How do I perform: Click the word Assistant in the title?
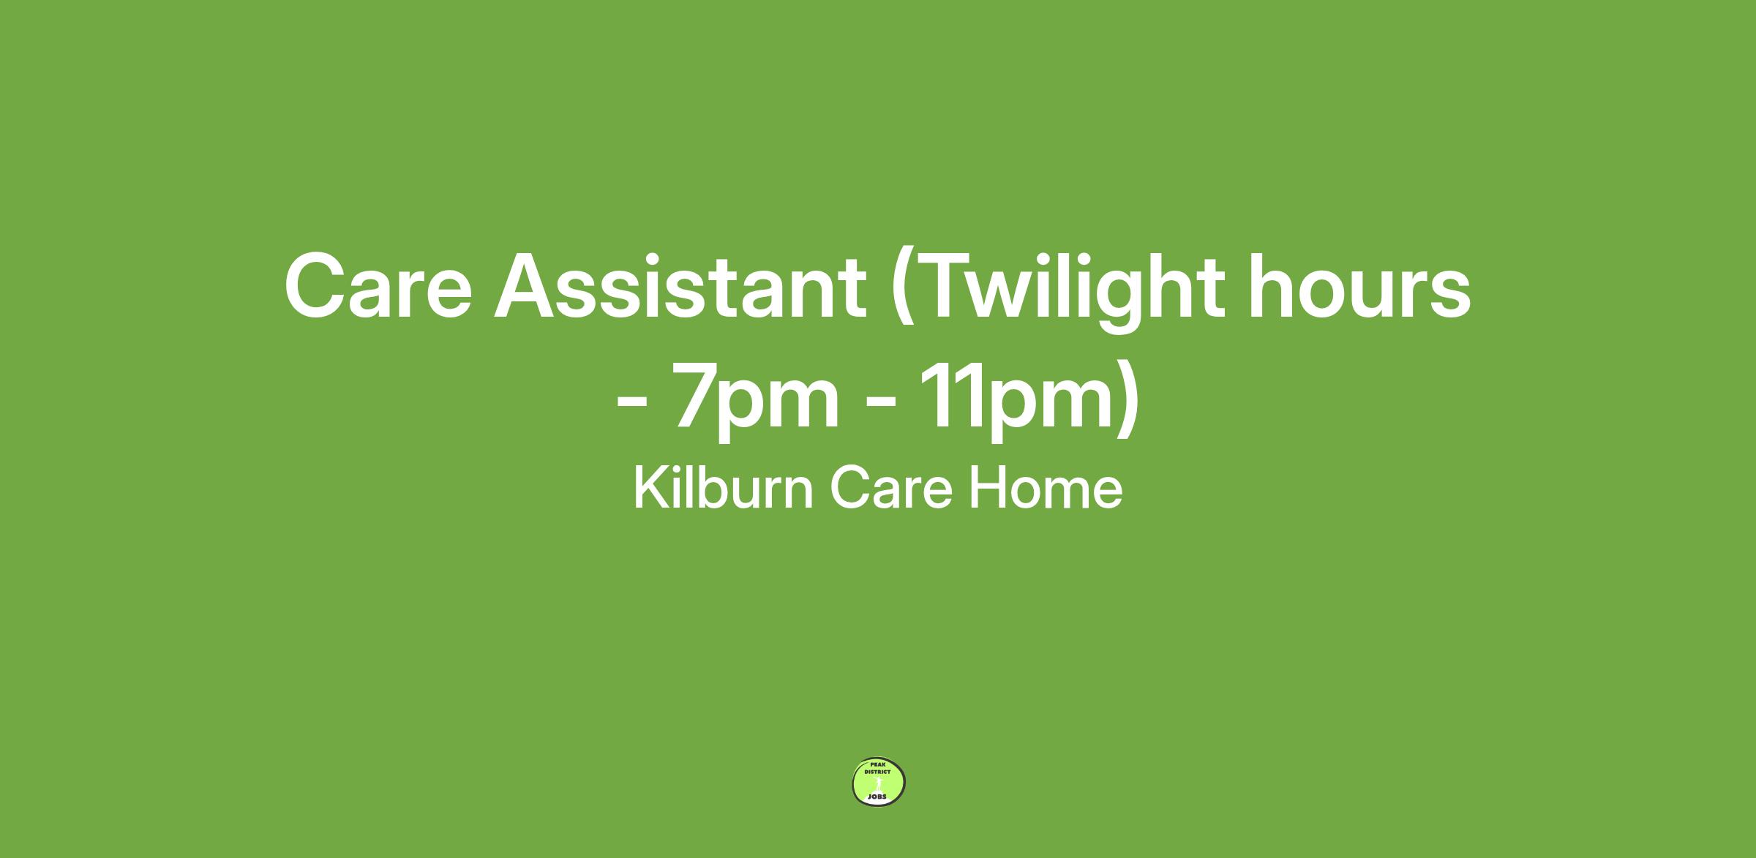pos(680,287)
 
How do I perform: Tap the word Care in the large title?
pos(378,287)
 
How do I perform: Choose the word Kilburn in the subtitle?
pos(723,488)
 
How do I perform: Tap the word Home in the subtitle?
pos(1046,489)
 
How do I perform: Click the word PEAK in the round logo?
pos(878,764)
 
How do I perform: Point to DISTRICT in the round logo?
pos(877,771)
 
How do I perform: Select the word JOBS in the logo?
pos(877,797)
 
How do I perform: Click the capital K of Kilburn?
pos(651,488)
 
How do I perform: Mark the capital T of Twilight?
pos(949,287)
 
